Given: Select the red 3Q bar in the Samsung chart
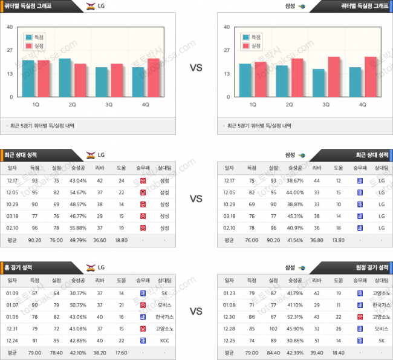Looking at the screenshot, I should (x=333, y=77).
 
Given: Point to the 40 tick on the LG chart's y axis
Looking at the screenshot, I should (x=10, y=27).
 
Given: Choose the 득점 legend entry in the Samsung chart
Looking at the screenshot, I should (x=251, y=37).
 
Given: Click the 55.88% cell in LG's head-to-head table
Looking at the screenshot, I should (x=77, y=227).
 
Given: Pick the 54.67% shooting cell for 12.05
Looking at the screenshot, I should (x=77, y=192).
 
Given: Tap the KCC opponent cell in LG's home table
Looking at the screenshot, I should (x=164, y=340).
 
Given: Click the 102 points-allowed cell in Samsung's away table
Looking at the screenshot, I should (x=273, y=329).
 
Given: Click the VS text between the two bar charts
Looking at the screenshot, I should (x=196, y=68).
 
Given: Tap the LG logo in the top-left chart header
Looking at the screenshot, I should (x=91, y=6).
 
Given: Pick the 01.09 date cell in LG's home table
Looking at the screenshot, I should (x=12, y=293).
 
